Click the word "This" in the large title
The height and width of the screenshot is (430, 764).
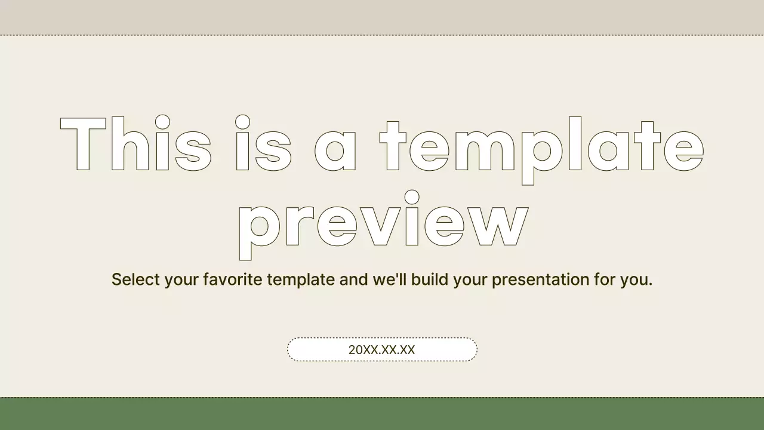pyautogui.click(x=136, y=143)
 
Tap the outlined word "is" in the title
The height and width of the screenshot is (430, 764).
pyautogui.click(x=263, y=143)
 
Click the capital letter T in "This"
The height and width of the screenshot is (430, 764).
pyautogui.click(x=84, y=143)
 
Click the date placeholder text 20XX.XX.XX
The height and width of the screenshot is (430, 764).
pyautogui.click(x=381, y=350)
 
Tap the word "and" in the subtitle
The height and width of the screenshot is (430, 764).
pyautogui.click(x=353, y=279)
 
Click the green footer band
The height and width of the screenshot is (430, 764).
pyautogui.click(x=382, y=414)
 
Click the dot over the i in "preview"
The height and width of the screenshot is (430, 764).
pyautogui.click(x=411, y=196)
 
